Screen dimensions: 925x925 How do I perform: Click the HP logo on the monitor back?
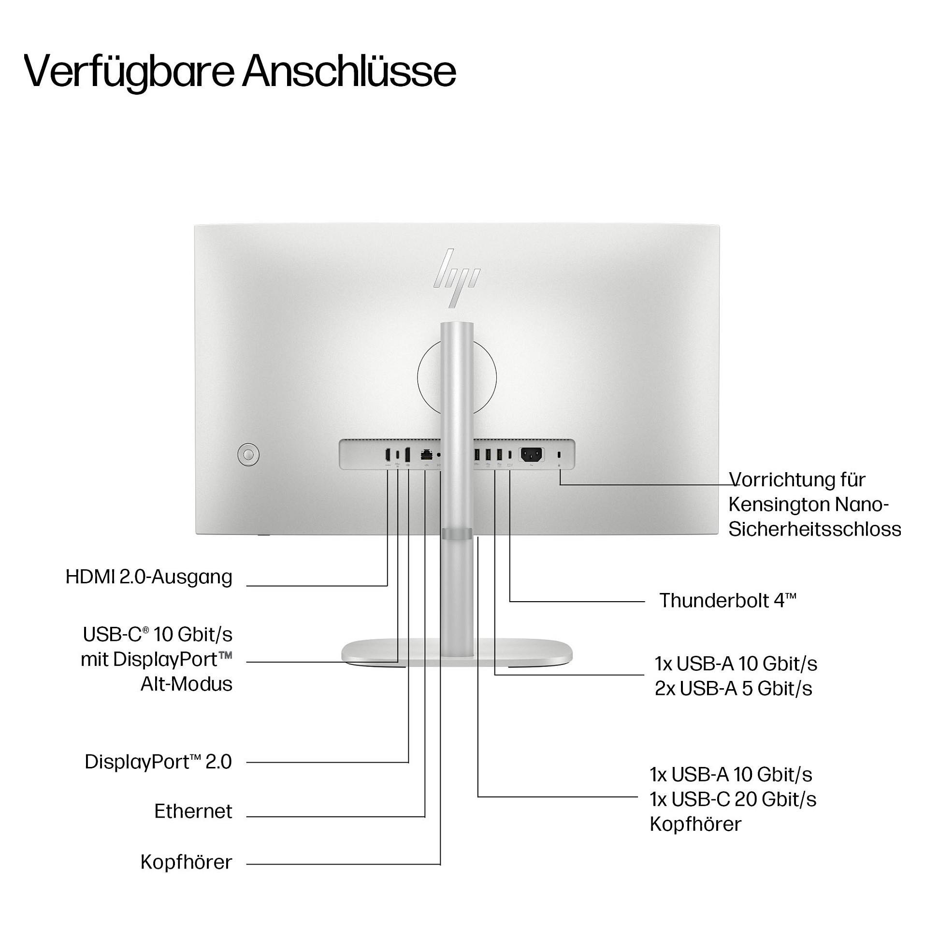pos(457,278)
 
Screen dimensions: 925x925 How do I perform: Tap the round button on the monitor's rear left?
pos(248,455)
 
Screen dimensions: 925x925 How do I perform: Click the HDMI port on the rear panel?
pos(388,455)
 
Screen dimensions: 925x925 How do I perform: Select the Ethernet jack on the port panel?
pos(426,455)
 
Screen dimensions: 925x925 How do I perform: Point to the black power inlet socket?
pos(532,455)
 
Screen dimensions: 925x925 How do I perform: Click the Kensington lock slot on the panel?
pos(559,455)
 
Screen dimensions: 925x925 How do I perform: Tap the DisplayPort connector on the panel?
pos(407,455)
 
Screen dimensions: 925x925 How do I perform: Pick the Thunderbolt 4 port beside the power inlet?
pos(510,455)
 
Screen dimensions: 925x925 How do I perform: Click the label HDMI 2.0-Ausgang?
pos(149,577)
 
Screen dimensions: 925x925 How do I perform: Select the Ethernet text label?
pos(193,811)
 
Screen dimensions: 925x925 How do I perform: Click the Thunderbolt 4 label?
pos(728,601)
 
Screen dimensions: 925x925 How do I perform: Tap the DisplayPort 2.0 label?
pos(159,762)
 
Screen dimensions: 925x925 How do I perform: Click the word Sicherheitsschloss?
pos(815,529)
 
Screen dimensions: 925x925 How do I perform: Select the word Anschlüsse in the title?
pos(349,72)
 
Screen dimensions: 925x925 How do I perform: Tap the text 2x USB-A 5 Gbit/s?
pos(734,689)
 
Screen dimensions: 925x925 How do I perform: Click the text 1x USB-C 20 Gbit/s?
pos(733,800)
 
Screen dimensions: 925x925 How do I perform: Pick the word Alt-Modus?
pos(187,684)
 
